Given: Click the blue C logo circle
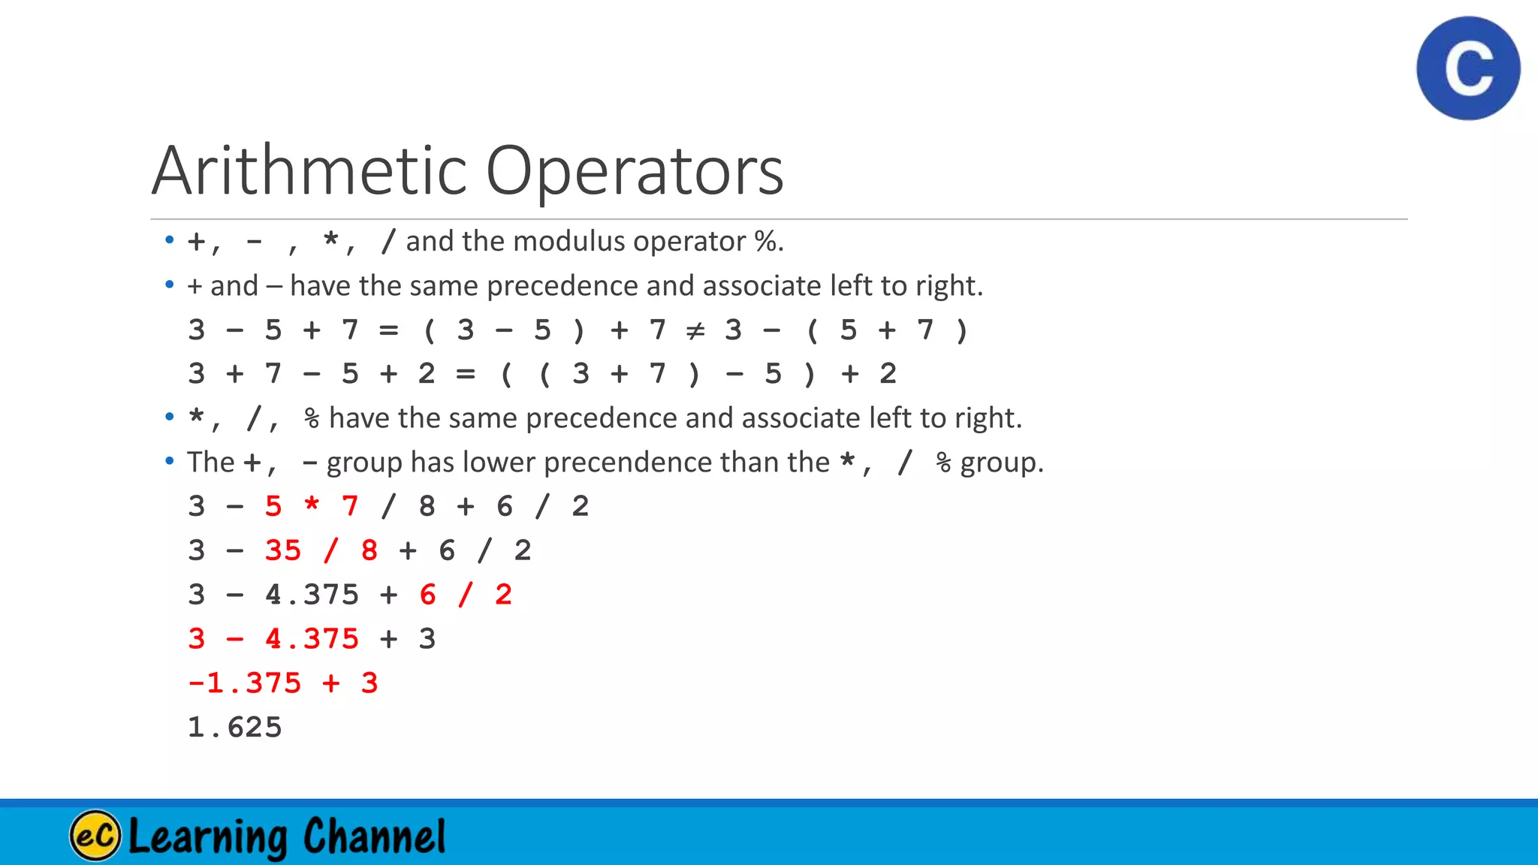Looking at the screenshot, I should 1468,68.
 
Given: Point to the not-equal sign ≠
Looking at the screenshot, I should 695,330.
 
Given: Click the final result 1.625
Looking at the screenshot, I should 234,728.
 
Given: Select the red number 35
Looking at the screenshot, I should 282,551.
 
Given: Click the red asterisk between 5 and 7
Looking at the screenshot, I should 312,507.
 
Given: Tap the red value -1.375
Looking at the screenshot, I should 244,683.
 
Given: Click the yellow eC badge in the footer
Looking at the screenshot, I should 95,835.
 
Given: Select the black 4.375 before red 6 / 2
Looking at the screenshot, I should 312,595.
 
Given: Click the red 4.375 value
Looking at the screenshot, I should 312,640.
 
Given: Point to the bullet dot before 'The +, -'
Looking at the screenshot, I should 170,460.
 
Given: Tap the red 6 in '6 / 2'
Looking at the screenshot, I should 428,595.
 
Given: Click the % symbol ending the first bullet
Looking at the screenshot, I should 765,242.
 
